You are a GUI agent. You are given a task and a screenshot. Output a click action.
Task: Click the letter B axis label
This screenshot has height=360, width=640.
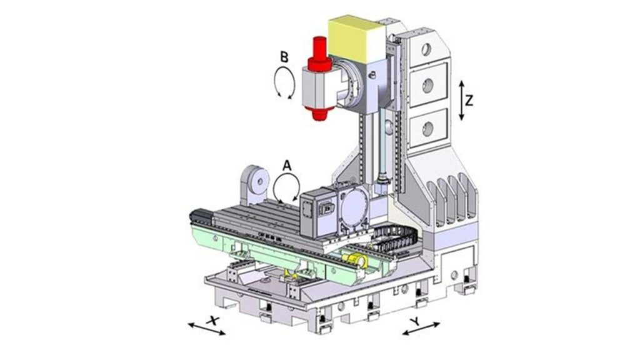(x=284, y=57)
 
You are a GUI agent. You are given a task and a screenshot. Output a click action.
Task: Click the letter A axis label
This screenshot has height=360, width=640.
(x=287, y=166)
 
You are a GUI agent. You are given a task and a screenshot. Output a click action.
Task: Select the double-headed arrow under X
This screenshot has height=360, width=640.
(x=207, y=327)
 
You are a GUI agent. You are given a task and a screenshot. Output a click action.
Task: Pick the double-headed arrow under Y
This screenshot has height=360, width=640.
(x=421, y=329)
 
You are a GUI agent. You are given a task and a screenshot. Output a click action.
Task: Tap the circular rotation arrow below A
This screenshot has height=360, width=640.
(x=286, y=186)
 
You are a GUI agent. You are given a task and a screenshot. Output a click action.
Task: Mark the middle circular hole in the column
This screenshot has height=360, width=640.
(x=428, y=86)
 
